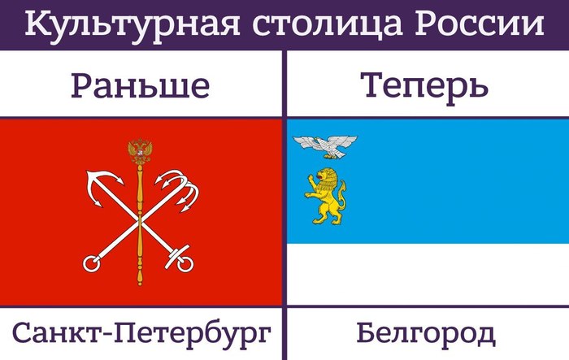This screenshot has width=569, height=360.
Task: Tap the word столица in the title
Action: [x=328, y=24]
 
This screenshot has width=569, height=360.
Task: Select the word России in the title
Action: [x=479, y=24]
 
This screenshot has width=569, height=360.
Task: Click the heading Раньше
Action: [x=140, y=86]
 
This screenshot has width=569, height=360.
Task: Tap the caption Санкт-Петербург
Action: [x=141, y=333]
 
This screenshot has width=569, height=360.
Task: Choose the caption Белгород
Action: [x=426, y=333]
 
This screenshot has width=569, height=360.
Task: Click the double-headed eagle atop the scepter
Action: [x=140, y=151]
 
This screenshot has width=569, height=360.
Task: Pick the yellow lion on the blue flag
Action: [x=325, y=196]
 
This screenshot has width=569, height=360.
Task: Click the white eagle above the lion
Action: [x=325, y=146]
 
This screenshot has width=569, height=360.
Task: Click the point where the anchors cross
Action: [x=140, y=220]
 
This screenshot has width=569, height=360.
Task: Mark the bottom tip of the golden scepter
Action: [x=140, y=284]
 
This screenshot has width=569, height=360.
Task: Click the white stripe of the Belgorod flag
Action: [x=428, y=275]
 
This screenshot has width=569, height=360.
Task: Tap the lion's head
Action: [x=324, y=176]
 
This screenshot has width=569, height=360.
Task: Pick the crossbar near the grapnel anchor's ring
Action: [x=177, y=256]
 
